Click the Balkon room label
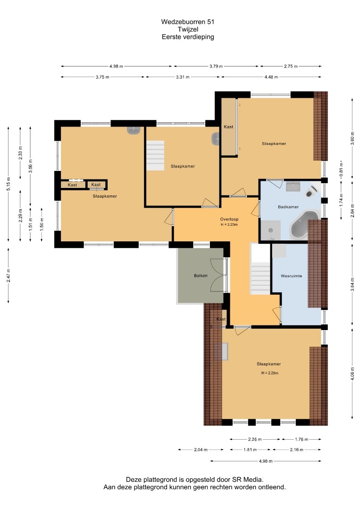201,275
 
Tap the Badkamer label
288,206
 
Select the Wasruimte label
291,276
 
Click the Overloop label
229,219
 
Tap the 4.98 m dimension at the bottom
266,461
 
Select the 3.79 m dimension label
216,67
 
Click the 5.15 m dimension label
8,184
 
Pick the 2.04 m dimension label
201,450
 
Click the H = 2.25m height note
270,373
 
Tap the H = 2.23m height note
229,224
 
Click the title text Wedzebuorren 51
188,22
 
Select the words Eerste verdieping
188,37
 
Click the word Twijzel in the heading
188,29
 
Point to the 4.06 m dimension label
352,374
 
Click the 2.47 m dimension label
8,275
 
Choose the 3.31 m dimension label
183,77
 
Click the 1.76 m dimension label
301,440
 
